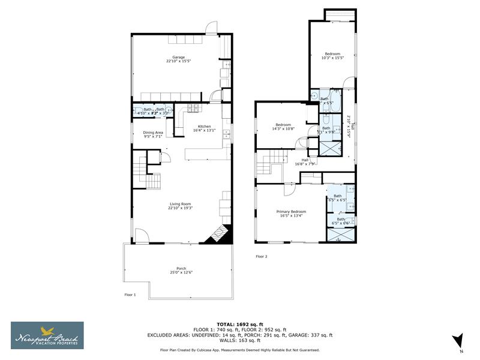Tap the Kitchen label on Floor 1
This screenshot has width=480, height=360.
click(205, 127)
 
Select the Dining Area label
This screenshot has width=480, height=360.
click(153, 133)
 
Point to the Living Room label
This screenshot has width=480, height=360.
click(181, 205)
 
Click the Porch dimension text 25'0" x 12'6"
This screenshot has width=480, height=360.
click(181, 272)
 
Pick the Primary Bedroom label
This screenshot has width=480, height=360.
click(291, 212)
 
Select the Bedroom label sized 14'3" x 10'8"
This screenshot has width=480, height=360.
click(283, 125)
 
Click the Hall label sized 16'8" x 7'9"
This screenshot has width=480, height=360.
click(305, 161)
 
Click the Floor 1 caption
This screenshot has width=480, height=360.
click(130, 295)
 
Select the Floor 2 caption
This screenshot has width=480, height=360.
click(262, 256)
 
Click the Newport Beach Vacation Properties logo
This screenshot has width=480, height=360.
click(47, 335)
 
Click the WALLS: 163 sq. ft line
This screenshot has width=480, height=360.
click(239, 340)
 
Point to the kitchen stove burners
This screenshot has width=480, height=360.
click(193, 108)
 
